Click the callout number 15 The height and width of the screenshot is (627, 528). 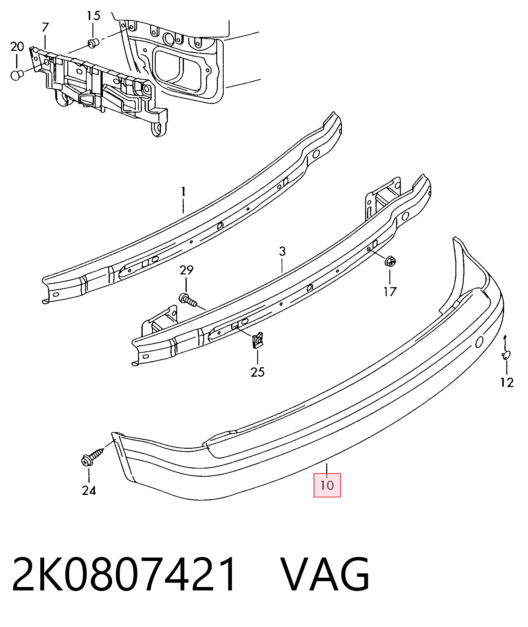point(93,16)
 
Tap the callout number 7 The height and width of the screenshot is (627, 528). point(45,27)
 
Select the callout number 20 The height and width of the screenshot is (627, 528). point(17,47)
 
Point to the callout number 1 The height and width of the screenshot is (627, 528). point(183,191)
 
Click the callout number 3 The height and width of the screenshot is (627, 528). point(282,251)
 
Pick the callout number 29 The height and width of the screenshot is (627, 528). point(186,270)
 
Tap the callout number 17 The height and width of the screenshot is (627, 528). point(390,291)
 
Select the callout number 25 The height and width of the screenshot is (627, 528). point(257,372)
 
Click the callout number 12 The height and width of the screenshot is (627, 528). point(507,382)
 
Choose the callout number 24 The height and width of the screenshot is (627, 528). point(89,490)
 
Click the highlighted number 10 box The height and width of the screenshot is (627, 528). point(327,485)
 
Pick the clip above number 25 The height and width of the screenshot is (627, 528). point(257,340)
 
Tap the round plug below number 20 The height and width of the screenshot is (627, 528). point(17,75)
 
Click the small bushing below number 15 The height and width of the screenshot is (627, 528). point(93,43)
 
